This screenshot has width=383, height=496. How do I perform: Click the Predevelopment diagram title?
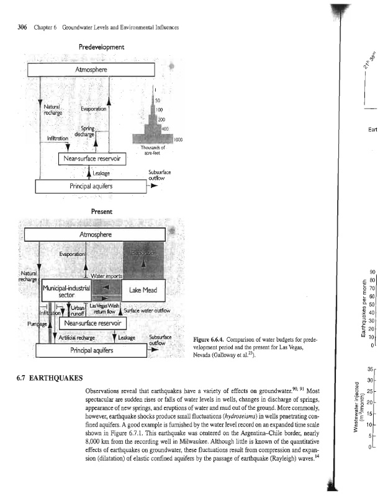102,47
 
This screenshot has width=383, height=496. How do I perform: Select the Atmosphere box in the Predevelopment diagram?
92,69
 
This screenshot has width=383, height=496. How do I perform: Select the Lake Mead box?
145,290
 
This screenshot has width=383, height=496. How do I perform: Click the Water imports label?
107,275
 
